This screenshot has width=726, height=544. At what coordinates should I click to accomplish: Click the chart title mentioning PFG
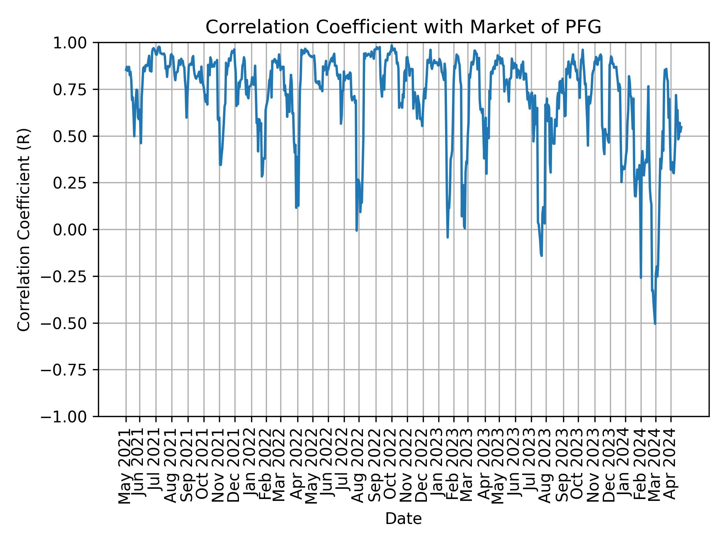pos(403,27)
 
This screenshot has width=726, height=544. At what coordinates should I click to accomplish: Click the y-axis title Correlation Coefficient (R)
pos(24,230)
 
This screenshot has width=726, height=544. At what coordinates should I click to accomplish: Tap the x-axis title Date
pos(403,519)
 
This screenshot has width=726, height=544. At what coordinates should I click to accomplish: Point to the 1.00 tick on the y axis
pos(76,43)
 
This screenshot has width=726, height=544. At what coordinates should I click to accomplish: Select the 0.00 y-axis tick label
pos(76,230)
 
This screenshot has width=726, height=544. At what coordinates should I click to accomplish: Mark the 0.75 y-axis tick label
pos(76,90)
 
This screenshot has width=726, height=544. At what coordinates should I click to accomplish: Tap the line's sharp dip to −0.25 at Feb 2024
pos(641,278)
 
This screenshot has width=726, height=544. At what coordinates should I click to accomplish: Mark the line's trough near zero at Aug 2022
pos(357,230)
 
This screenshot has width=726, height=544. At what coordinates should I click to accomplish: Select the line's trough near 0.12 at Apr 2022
pos(296,207)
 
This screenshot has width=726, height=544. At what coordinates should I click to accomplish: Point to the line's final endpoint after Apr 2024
pos(681,127)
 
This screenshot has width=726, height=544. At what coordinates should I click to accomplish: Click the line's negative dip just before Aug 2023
pos(542,256)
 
